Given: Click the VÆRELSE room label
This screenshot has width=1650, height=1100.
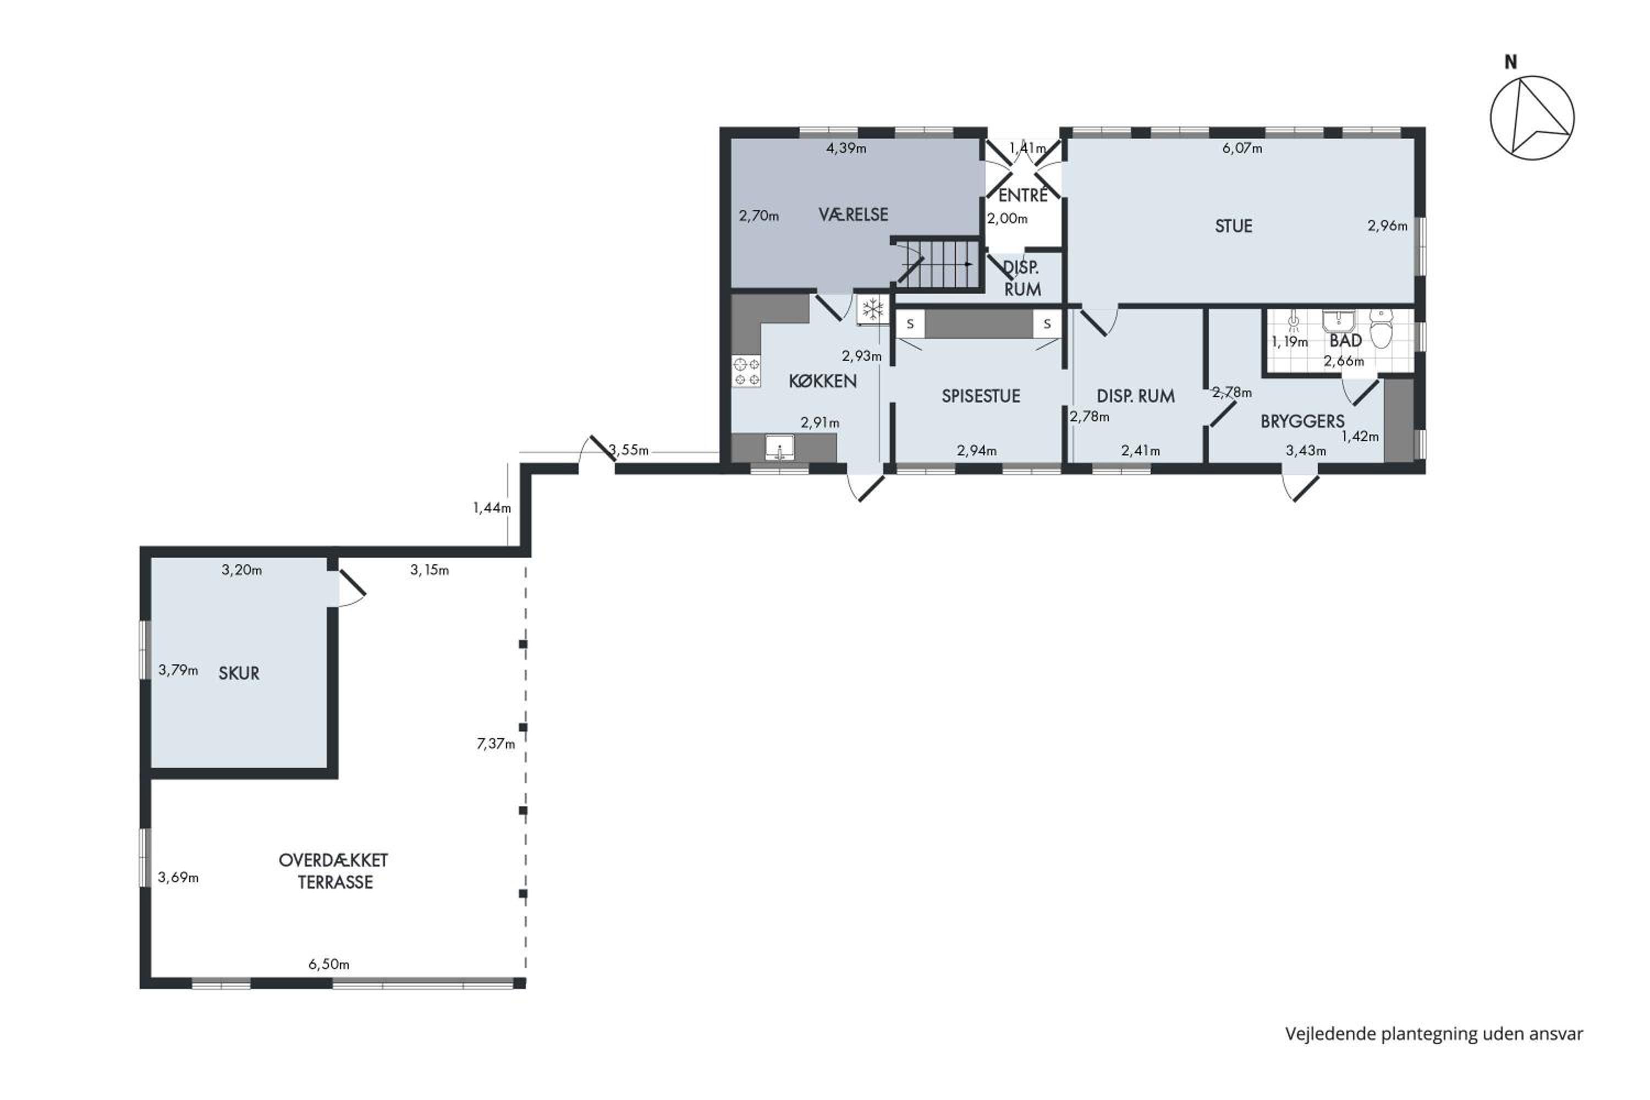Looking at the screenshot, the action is click(853, 215).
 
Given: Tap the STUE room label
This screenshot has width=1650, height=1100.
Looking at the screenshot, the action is click(1233, 226).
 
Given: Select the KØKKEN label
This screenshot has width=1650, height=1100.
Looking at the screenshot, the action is click(822, 381).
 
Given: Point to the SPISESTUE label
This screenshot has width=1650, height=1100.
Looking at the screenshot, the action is click(980, 395).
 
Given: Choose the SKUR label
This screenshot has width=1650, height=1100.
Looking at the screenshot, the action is click(239, 673).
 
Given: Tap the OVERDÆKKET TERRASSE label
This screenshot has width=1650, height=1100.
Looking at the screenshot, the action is click(333, 871).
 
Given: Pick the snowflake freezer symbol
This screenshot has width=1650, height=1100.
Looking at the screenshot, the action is click(872, 309).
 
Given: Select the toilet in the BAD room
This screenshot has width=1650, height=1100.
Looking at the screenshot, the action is click(1380, 329).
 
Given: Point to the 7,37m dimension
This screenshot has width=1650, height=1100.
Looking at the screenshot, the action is click(496, 744).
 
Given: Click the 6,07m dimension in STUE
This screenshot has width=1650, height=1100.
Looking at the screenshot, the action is click(1242, 148).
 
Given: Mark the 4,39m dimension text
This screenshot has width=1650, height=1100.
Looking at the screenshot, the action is click(846, 148).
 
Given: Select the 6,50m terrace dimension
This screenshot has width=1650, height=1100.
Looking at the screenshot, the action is click(329, 964).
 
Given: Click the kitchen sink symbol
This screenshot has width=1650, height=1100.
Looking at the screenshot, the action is click(779, 447).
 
